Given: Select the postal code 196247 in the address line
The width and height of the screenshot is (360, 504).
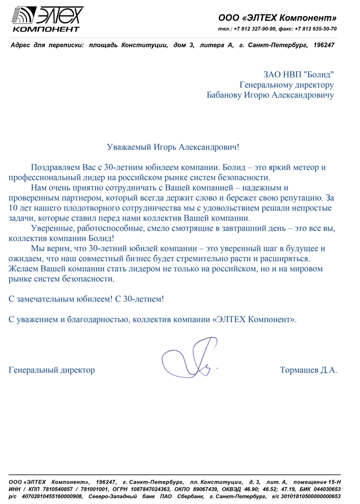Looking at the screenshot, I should click(x=324, y=44).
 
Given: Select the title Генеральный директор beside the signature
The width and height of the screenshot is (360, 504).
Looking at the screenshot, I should click(x=52, y=370).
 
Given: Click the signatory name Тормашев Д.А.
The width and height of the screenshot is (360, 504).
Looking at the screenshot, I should click(x=309, y=370).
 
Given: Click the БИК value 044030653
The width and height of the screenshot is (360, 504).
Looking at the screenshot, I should click(x=321, y=489).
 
